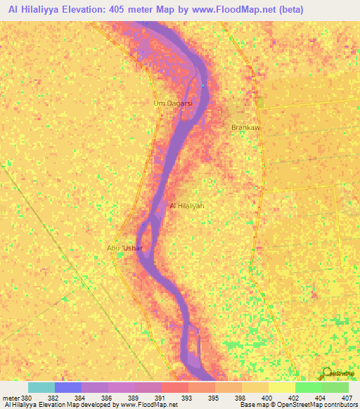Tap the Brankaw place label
click(245, 127)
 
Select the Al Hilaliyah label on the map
click(187, 206)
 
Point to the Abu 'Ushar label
click(124, 248)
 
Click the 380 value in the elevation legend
click(27, 398)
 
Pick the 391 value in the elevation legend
click(161, 398)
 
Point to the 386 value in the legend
click(108, 398)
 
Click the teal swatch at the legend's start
click(41, 387)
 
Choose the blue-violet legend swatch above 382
click(68, 387)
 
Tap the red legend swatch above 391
click(175, 387)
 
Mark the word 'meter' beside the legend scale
click(9, 398)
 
